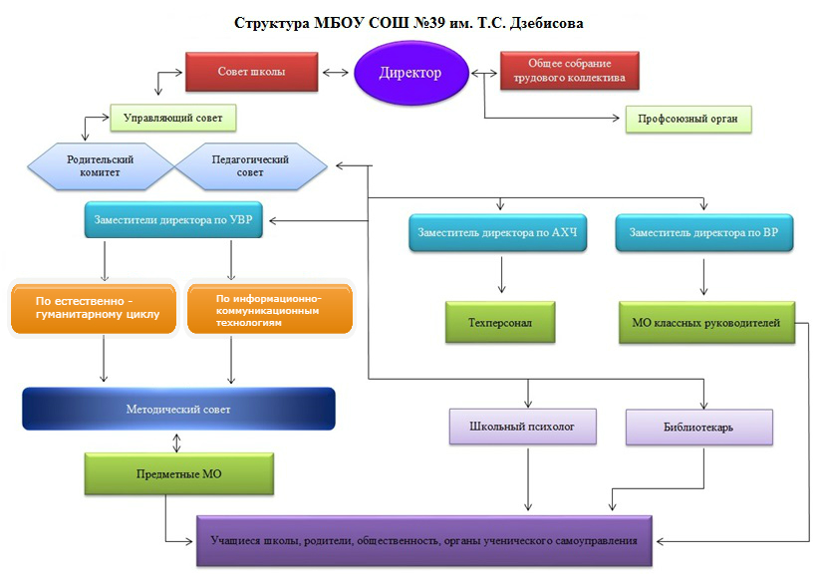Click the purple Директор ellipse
[409, 73]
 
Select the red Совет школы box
[251, 72]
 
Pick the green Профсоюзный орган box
[687, 120]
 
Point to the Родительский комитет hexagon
[100, 165]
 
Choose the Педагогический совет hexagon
[250, 165]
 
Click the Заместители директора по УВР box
[173, 221]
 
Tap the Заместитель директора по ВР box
[704, 233]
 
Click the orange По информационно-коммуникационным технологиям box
[269, 308]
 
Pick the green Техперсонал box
[498, 323]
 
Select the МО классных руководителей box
[705, 322]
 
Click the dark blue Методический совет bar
[178, 409]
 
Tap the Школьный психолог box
[522, 427]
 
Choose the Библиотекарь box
[698, 427]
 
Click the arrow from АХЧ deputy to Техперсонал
[500, 275]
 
